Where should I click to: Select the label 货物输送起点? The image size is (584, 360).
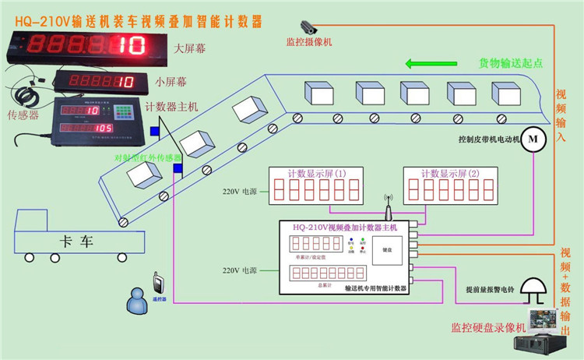pyautogui.click(x=511, y=62)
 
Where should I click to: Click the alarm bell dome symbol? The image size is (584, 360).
pyautogui.click(x=535, y=292)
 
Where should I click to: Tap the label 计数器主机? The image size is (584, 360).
pyautogui.click(x=172, y=106)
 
